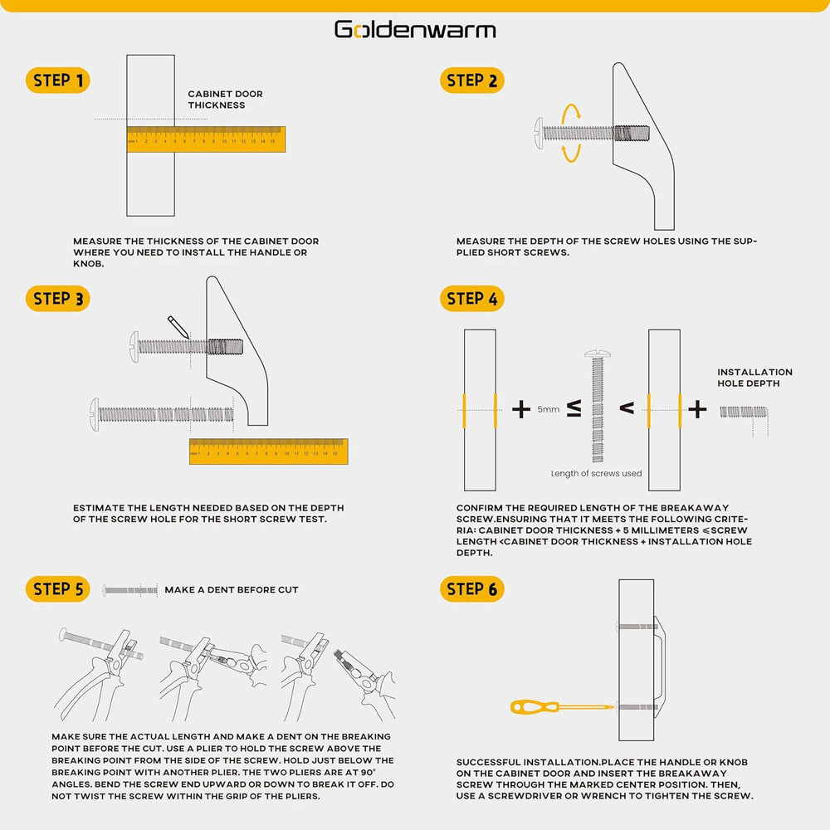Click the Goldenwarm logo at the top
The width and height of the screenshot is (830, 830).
(415, 30)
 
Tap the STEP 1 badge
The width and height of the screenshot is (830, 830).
(57, 81)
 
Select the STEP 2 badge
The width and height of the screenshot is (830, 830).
(471, 81)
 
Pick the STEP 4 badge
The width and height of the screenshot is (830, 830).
(471, 299)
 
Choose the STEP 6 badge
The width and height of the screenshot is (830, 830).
(471, 589)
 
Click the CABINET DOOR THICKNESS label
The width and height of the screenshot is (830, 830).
(225, 100)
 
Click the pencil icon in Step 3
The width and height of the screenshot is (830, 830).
(178, 325)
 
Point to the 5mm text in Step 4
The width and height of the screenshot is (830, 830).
(548, 409)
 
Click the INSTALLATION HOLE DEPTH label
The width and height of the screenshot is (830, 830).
(754, 378)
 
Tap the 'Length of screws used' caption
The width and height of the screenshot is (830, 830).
(596, 474)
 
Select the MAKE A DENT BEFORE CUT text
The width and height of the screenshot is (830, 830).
(231, 590)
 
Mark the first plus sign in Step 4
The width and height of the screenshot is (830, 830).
(521, 408)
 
